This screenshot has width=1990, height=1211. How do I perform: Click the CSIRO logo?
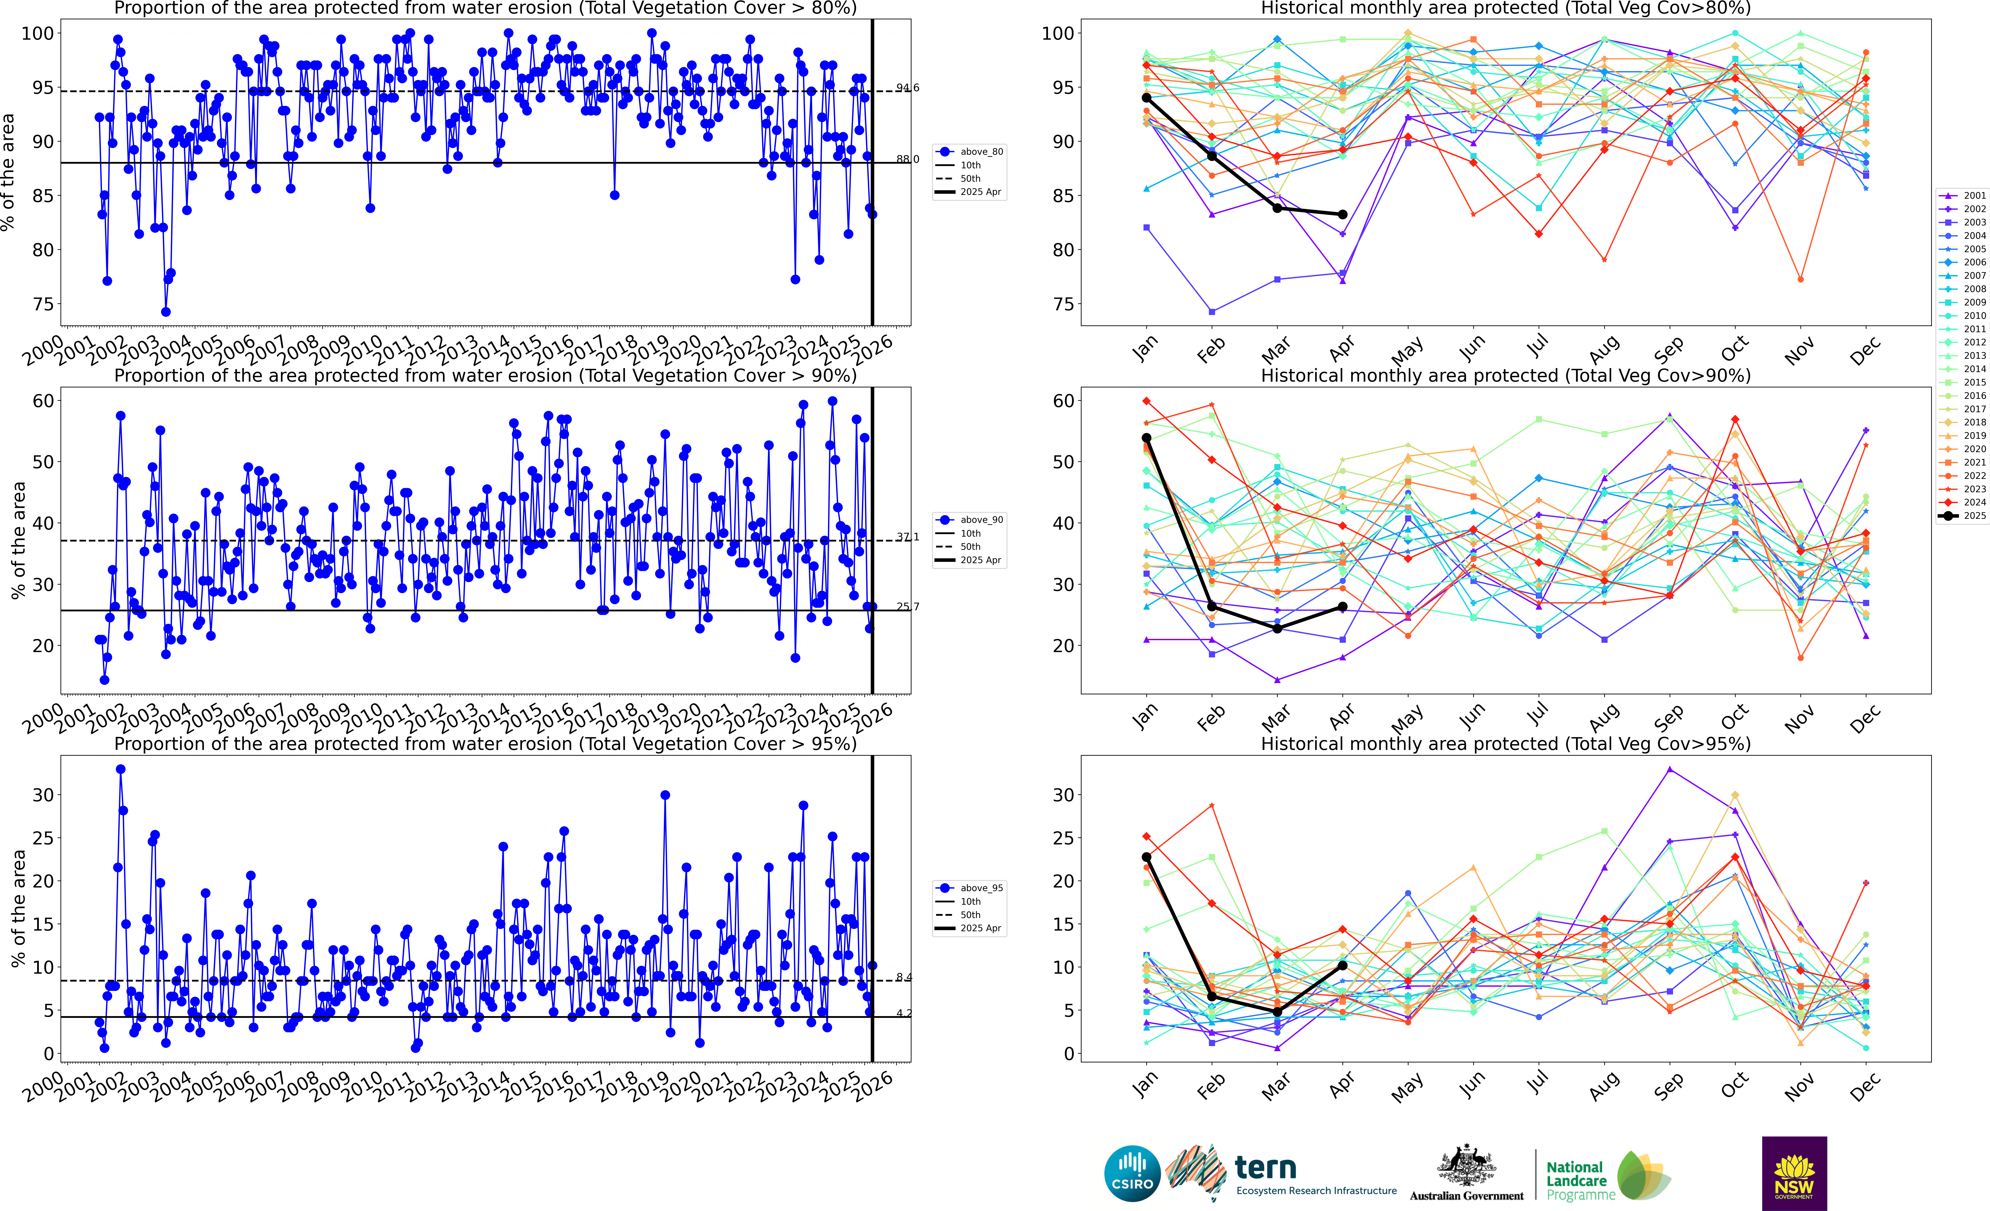click(x=1132, y=1173)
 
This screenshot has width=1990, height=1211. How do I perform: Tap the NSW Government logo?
click(x=1794, y=1173)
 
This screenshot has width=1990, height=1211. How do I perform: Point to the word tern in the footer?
click(x=1266, y=1167)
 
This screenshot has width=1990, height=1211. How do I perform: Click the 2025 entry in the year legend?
click(x=1964, y=515)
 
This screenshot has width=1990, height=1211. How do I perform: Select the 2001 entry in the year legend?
click(x=1964, y=195)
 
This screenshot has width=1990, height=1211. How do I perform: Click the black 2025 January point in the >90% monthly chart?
click(x=1146, y=437)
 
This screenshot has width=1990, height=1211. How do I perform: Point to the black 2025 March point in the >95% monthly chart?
click(x=1277, y=1012)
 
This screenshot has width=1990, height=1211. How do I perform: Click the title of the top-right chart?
click(x=1506, y=9)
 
